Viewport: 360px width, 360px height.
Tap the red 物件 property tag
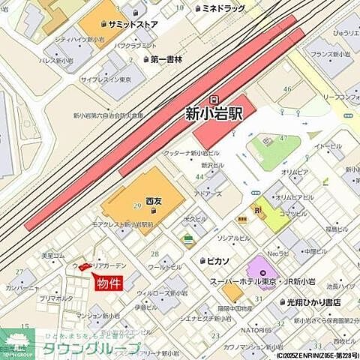click(x=107, y=283)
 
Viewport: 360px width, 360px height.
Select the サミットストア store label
click(x=133, y=24)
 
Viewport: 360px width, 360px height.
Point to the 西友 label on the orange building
click(x=154, y=201)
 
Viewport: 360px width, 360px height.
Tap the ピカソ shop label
click(x=218, y=259)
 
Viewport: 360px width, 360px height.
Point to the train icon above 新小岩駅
click(x=215, y=98)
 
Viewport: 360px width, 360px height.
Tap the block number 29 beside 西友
click(x=137, y=206)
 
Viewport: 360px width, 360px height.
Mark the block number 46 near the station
click(x=286, y=89)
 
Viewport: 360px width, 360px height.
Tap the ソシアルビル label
click(x=233, y=238)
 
